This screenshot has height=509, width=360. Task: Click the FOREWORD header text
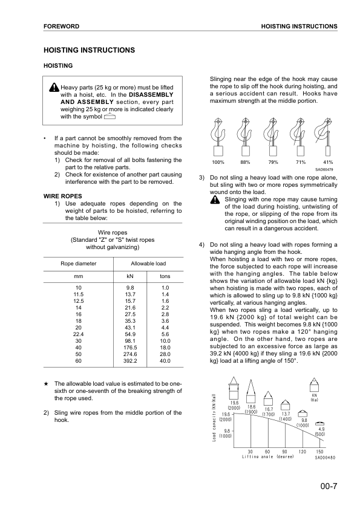(x=62, y=27)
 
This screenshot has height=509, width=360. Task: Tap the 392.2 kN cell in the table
(x=130, y=361)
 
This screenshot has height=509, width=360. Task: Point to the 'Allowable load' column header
(x=148, y=264)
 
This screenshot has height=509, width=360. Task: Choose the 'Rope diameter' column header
(x=78, y=264)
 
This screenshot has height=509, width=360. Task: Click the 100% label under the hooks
(x=218, y=163)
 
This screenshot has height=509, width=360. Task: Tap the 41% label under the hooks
(x=328, y=163)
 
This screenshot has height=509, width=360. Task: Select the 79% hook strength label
(x=273, y=163)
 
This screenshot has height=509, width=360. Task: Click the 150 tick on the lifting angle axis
(x=319, y=451)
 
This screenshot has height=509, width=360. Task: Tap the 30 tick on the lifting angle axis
(x=250, y=451)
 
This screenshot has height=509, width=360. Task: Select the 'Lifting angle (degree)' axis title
(x=268, y=456)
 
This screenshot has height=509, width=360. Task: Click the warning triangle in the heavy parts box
(x=55, y=88)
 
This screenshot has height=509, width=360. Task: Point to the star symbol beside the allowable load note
(x=47, y=384)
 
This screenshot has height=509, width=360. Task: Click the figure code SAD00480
(x=325, y=457)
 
